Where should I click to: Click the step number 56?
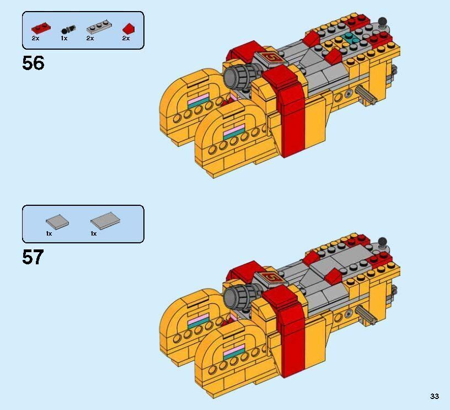33,63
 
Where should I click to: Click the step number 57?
33,257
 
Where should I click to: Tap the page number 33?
434,396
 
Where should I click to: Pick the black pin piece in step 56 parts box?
68,30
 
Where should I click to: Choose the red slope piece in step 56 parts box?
129,29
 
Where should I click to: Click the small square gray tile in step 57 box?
57,221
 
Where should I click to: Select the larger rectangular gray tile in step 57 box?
105,221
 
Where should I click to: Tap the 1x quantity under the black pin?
64,38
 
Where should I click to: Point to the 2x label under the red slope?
126,38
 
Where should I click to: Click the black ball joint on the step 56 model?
382,22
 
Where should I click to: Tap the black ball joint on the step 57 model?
382,242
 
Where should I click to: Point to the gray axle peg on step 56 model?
366,95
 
